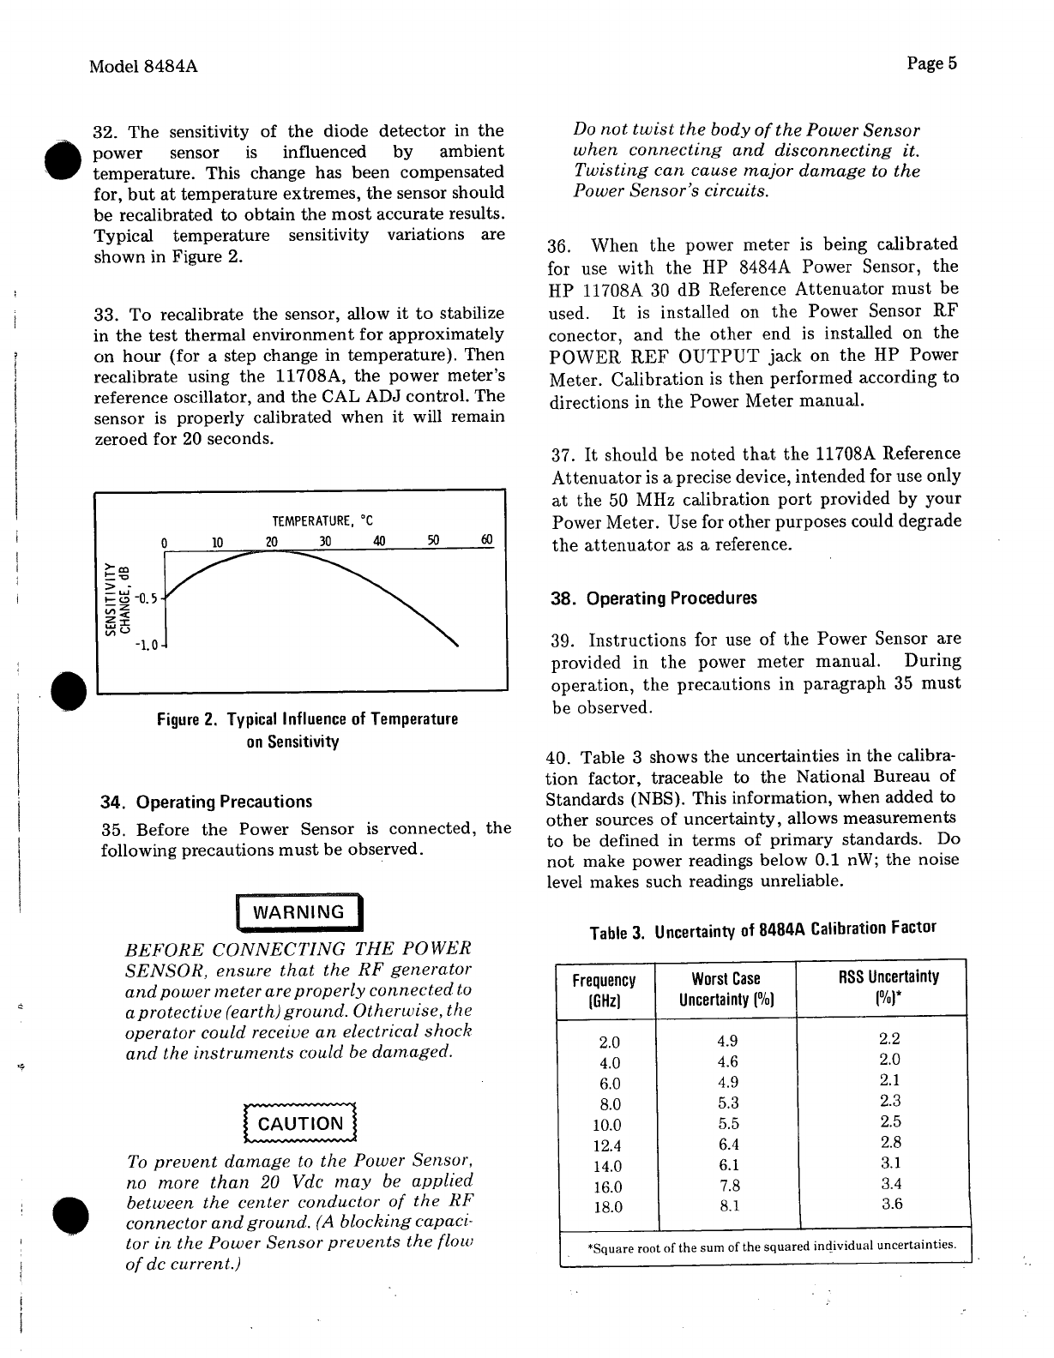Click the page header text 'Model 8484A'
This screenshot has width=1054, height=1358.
click(x=143, y=66)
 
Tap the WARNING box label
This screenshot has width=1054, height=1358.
click(x=298, y=912)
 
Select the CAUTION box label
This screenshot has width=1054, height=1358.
click(x=300, y=1124)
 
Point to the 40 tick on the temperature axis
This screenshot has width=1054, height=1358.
click(x=379, y=541)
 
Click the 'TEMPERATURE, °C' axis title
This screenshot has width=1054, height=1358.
click(x=322, y=521)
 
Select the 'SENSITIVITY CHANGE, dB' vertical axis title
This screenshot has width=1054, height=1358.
click(x=117, y=593)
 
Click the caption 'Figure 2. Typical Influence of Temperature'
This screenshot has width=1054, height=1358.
click(x=307, y=719)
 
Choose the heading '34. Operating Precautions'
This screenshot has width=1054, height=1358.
click(x=207, y=802)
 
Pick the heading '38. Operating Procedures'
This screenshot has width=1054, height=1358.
click(x=654, y=598)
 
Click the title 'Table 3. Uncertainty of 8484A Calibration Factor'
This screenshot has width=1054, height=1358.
click(x=762, y=929)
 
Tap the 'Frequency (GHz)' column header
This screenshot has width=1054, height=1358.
click(x=605, y=989)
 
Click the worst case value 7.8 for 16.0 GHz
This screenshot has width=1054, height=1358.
click(x=729, y=1186)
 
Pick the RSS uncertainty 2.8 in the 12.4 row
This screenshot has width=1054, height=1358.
click(x=891, y=1142)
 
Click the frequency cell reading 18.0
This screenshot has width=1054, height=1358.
click(x=607, y=1207)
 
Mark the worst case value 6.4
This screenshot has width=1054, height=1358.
click(x=729, y=1145)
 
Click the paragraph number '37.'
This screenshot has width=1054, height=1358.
click(x=563, y=454)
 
